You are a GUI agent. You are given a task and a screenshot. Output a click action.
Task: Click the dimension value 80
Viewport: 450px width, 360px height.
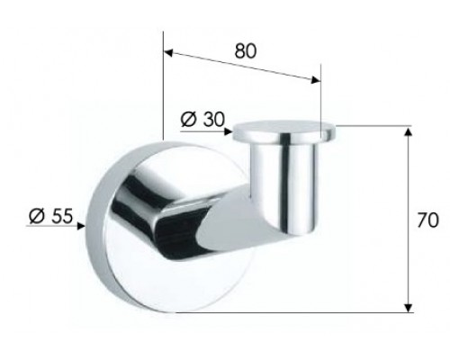(x=244, y=50)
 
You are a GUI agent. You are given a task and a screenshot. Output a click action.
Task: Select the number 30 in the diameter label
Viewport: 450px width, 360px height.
(x=212, y=119)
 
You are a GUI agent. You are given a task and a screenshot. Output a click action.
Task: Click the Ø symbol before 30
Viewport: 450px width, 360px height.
(x=189, y=119)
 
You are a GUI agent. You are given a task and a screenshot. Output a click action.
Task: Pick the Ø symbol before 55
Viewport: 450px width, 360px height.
(x=35, y=217)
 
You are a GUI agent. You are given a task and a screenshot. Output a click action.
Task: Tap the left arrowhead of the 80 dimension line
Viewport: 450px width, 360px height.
(x=168, y=52)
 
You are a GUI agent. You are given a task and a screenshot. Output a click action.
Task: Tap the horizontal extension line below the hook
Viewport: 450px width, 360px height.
(x=297, y=311)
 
